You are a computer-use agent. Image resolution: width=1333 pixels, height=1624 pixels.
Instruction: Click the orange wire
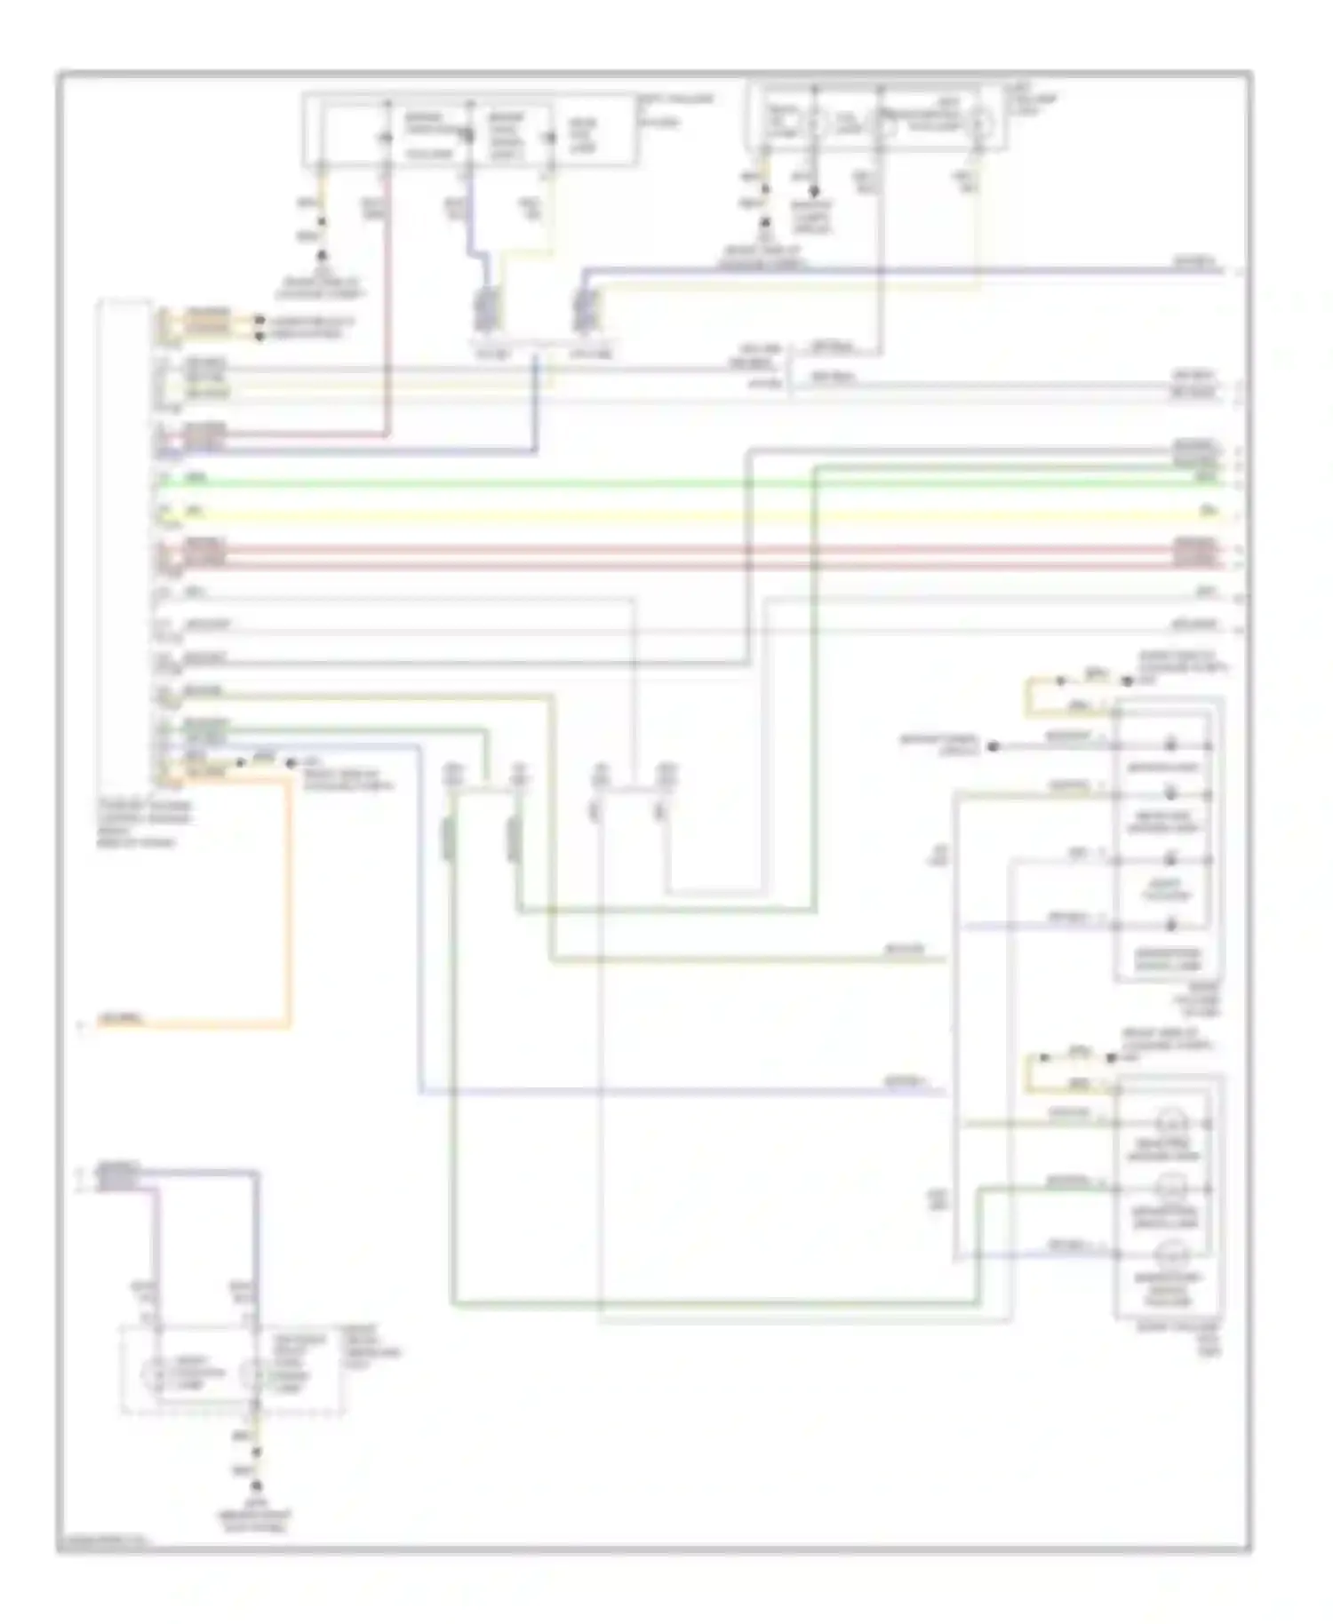coord(288,897)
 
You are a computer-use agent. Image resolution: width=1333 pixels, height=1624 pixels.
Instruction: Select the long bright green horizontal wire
coord(675,484)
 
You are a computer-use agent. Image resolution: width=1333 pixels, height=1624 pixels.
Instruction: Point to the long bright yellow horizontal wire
coord(675,516)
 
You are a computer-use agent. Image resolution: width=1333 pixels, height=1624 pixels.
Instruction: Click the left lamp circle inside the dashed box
coord(156,1373)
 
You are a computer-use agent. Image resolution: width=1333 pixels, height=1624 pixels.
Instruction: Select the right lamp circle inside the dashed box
coord(254,1373)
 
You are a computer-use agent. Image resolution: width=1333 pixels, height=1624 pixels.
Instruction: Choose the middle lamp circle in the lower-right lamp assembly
coord(1170,1188)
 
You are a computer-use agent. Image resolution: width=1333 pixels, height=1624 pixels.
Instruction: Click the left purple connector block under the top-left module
coord(485,311)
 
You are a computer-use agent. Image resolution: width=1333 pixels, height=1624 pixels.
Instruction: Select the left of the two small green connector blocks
coord(451,840)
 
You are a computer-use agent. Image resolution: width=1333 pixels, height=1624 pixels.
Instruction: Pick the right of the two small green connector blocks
coord(514,840)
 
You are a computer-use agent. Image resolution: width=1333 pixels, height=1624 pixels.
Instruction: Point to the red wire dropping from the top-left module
coord(387,311)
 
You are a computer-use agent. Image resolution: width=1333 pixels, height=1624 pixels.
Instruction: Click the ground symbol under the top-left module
coord(322,257)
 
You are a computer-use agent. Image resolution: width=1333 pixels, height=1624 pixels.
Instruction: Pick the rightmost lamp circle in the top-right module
coord(980,123)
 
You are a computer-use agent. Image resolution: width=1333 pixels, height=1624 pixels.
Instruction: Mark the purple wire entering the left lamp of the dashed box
coord(156,1244)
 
